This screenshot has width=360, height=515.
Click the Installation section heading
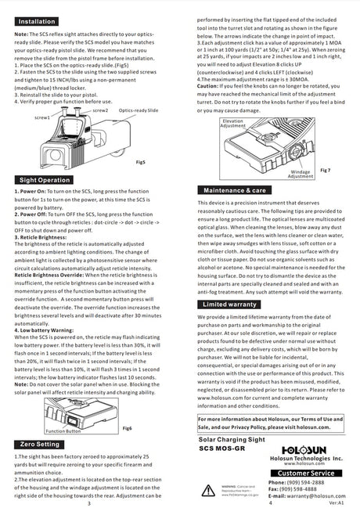[36, 21]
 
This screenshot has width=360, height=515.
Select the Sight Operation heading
[44, 179]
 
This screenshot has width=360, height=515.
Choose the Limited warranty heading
[230, 304]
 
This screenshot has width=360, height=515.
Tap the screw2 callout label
[100, 110]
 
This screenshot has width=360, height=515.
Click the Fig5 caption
[140, 161]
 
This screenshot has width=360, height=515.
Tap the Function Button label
[63, 430]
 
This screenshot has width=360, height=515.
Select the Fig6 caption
[128, 428]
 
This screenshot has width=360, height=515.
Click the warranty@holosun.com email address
[307, 496]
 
